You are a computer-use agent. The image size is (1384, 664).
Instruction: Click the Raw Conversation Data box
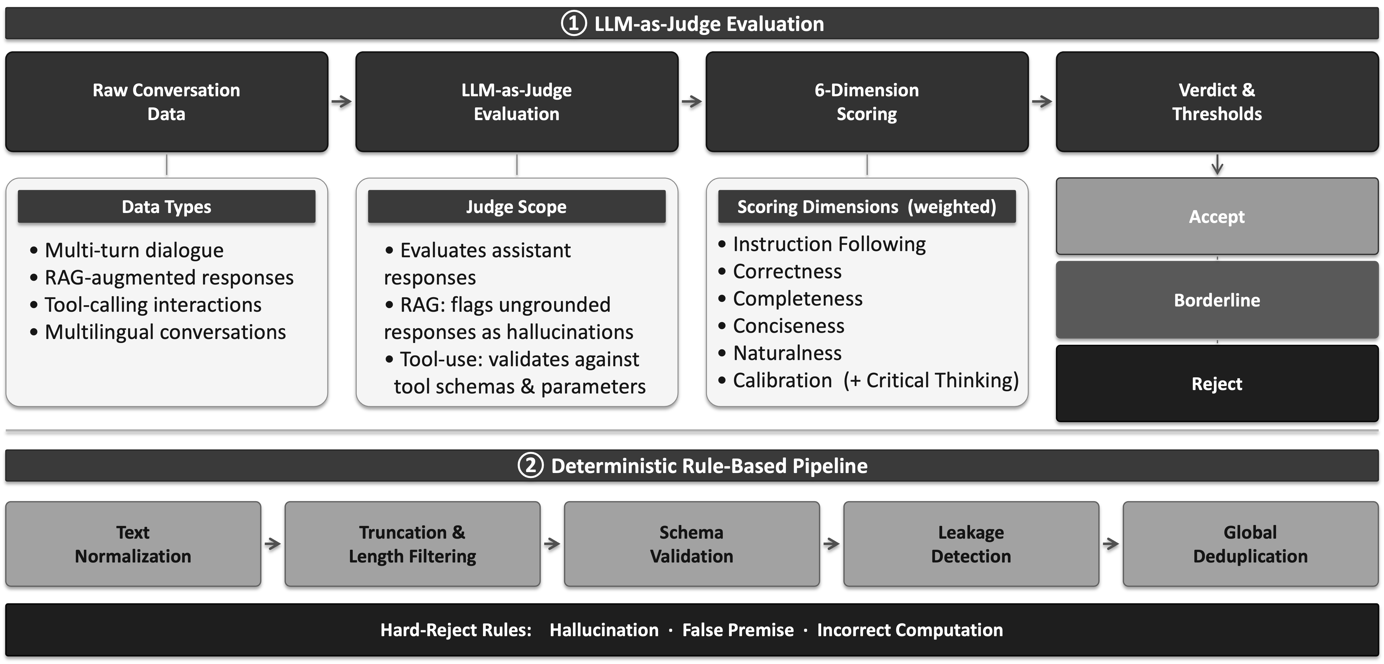pyautogui.click(x=166, y=102)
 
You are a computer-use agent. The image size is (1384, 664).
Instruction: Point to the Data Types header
pyautogui.click(x=166, y=206)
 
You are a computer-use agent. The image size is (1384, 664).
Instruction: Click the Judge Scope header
pyautogui.click(x=516, y=206)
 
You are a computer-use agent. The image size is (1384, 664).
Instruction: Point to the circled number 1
pyautogui.click(x=574, y=24)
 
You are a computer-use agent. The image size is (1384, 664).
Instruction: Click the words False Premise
pyautogui.click(x=738, y=630)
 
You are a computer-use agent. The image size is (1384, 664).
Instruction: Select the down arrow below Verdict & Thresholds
pyautogui.click(x=1218, y=164)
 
